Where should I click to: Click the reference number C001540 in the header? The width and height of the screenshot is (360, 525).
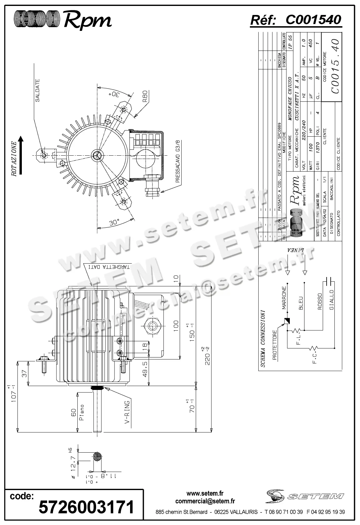313,20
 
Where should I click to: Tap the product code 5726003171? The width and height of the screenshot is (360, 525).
86,507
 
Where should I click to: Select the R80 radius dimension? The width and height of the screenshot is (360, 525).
144,96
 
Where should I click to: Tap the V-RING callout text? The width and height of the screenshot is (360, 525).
127,413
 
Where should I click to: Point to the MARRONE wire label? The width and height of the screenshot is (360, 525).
284,298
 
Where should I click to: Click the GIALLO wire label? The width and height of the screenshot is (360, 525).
332,300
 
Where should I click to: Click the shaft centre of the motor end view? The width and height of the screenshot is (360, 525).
96,155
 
